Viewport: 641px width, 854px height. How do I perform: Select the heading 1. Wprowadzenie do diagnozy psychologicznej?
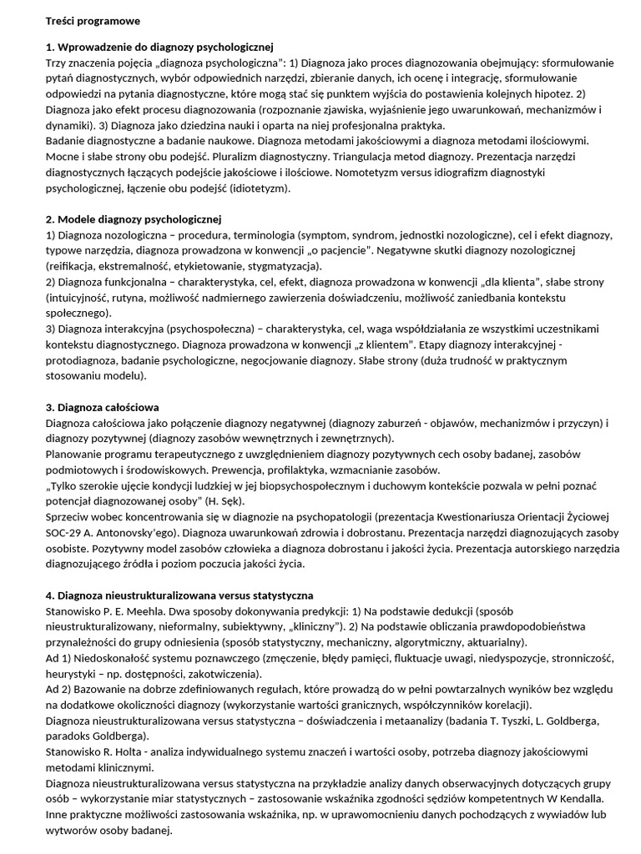(x=159, y=47)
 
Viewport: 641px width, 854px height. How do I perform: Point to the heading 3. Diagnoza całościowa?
(x=102, y=408)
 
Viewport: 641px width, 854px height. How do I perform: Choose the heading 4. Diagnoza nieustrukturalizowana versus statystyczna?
(x=179, y=595)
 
